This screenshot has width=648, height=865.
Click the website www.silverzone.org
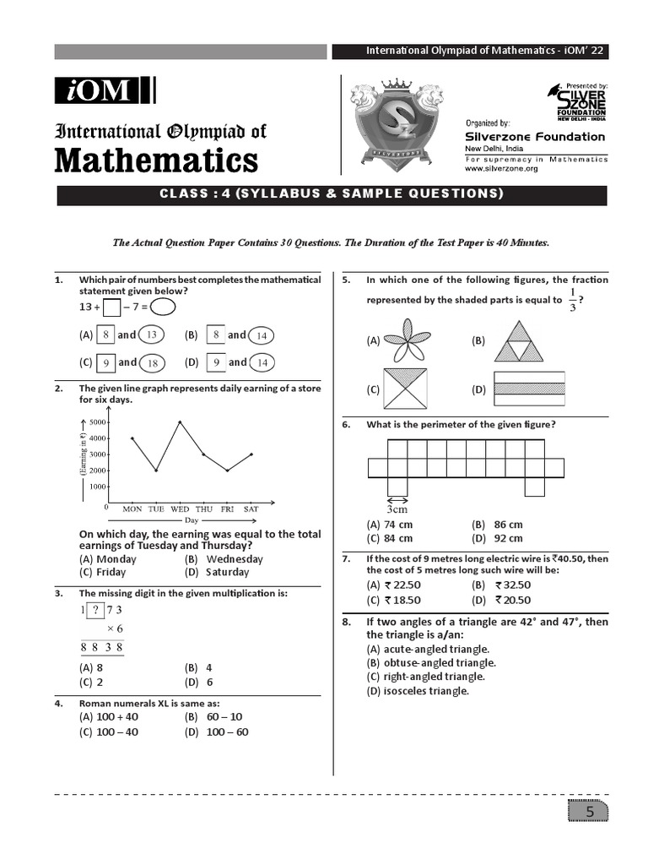pos(501,169)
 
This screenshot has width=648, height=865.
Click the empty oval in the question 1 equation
pos(163,307)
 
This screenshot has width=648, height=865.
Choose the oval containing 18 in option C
pos(153,363)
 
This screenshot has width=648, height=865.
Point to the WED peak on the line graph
pos(180,422)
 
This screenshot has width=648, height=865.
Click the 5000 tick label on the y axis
pos(98,422)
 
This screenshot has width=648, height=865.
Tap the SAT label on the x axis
pos(251,509)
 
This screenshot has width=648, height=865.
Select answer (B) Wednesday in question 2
pos(224,559)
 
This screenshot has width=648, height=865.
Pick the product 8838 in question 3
pos(102,648)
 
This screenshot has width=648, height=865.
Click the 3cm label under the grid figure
pos(397,509)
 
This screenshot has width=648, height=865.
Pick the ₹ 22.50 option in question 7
pos(403,585)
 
